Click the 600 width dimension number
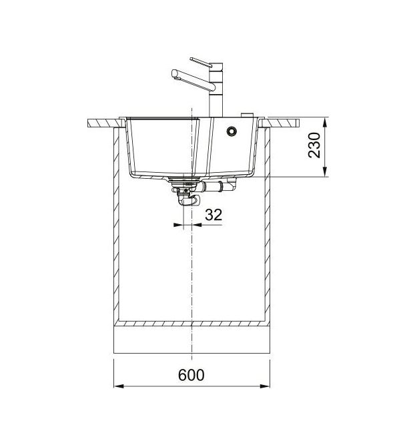tap(191, 375)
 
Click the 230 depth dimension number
tap(314, 145)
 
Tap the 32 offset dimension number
tap(214, 215)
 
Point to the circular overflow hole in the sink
tap(232, 131)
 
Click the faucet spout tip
tap(174, 75)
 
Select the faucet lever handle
tap(201, 62)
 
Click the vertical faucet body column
tap(216, 90)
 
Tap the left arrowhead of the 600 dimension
tap(118, 386)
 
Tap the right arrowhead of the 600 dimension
tap(265, 386)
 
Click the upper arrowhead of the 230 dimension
tap(325, 123)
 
